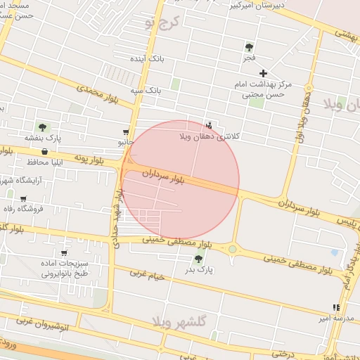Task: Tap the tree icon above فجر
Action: (249, 47)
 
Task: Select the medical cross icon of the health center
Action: (264, 73)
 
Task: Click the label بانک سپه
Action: (146, 91)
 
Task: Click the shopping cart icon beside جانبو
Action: (126, 131)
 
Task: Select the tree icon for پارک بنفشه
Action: (42, 127)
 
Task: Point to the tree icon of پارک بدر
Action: (198, 259)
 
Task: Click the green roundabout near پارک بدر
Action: (233, 248)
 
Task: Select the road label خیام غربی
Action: (147, 275)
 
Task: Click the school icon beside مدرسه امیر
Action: (336, 308)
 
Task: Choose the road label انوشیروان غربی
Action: (42, 324)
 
